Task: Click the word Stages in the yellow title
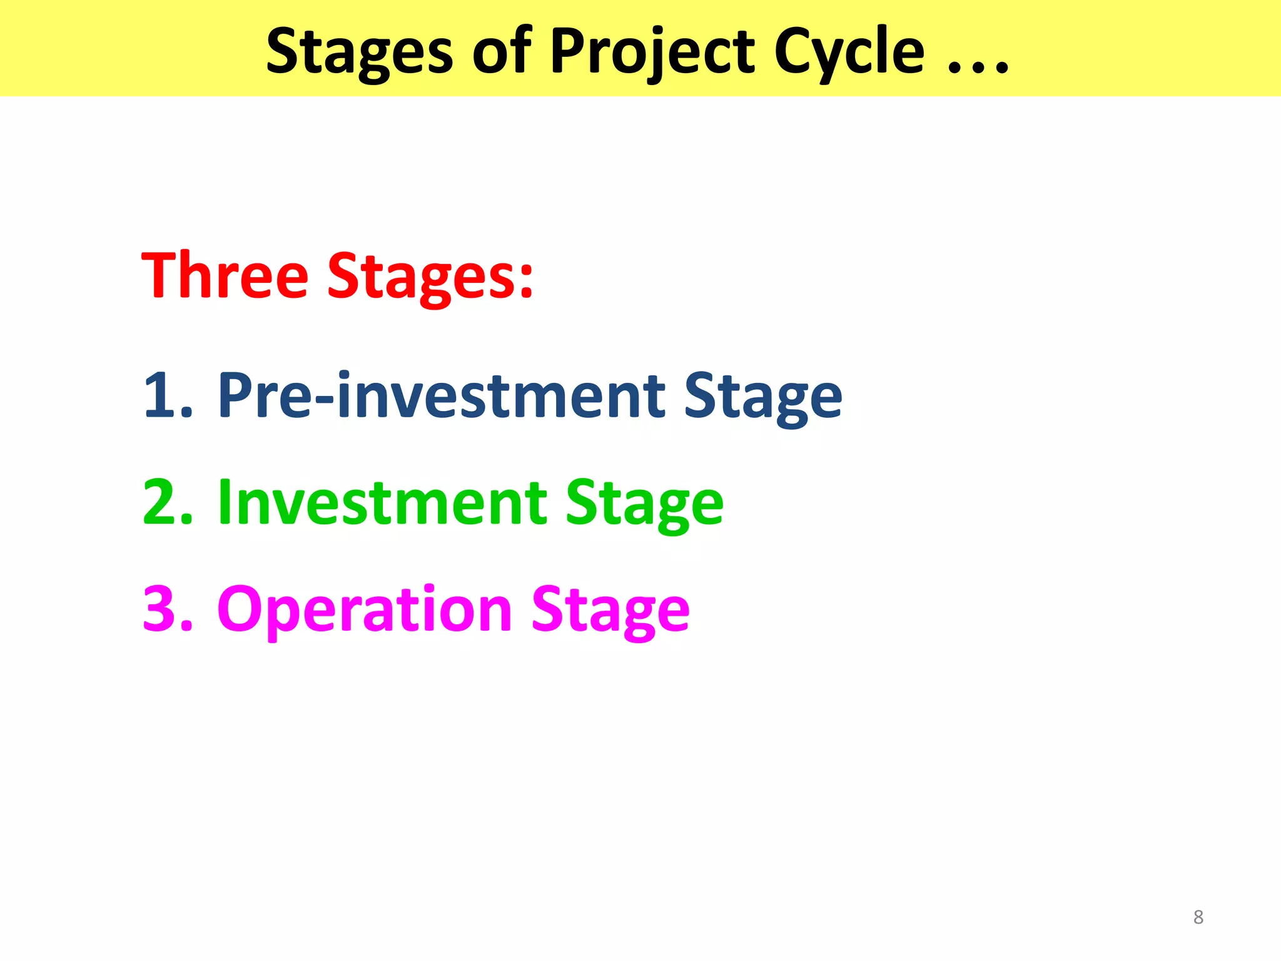coord(359,53)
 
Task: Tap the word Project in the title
coord(652,53)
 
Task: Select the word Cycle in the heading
coord(849,53)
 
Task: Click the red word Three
coord(225,275)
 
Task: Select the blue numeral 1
coord(160,395)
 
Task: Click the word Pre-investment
coord(440,395)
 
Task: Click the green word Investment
coord(382,502)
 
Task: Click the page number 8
coord(1198,917)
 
